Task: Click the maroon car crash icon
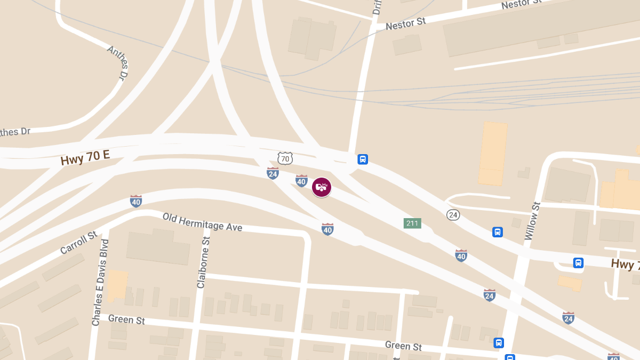322,187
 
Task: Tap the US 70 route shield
285,158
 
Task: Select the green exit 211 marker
412,223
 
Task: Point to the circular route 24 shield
453,214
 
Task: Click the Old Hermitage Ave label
202,222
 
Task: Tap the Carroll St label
78,242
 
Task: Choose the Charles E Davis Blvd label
100,283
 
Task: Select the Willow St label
532,221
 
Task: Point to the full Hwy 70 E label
85,157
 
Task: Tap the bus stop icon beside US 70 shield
363,159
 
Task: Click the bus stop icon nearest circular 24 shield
498,232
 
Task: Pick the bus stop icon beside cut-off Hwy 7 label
578,262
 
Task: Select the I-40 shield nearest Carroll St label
136,201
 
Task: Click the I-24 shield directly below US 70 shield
273,173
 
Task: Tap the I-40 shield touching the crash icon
301,181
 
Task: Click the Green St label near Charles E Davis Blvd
126,319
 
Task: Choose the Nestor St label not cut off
405,24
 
